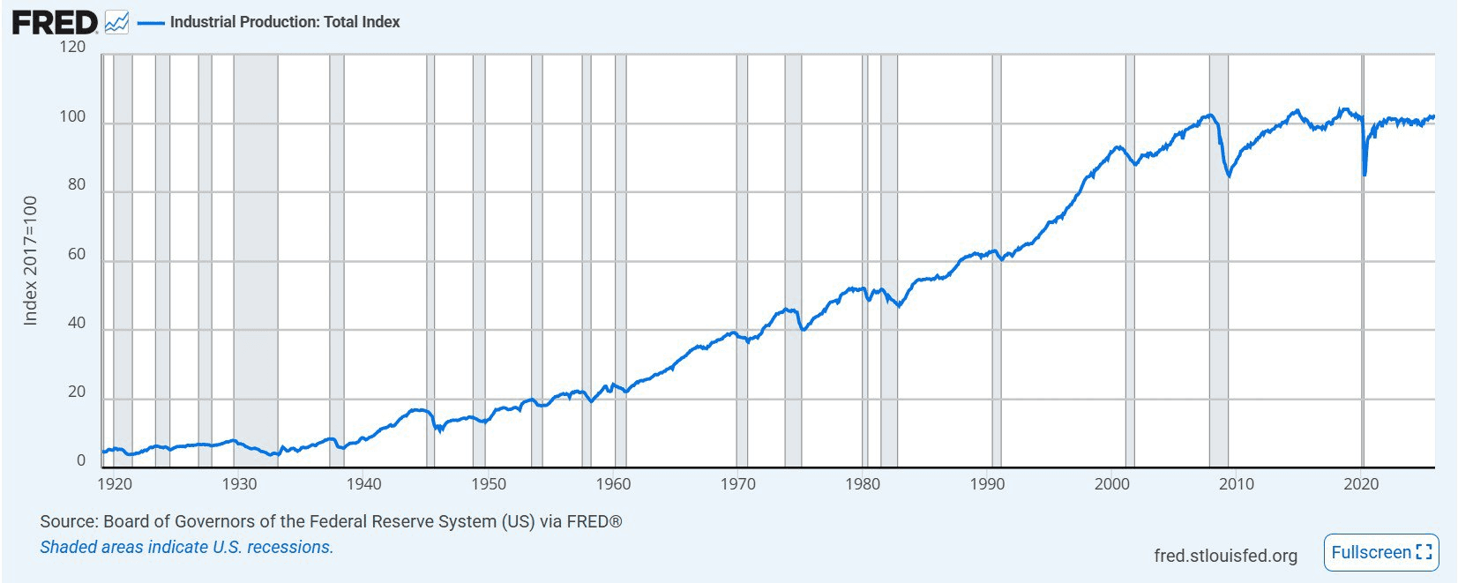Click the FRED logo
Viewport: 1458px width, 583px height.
point(55,22)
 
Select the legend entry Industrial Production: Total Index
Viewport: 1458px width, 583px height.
point(284,22)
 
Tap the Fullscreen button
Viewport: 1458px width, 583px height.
point(1381,553)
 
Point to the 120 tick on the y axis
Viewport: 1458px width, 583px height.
point(73,47)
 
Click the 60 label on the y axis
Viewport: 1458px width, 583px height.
point(77,254)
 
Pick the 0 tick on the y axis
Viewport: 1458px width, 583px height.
point(81,460)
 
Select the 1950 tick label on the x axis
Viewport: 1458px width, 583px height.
point(489,484)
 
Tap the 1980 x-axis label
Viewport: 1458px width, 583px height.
point(863,484)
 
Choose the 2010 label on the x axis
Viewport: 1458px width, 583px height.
point(1237,484)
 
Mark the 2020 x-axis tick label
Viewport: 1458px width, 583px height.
point(1361,484)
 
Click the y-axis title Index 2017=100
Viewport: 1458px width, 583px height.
point(31,260)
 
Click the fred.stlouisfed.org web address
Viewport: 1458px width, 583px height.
point(1225,556)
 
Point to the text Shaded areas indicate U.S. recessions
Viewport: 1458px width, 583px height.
point(187,547)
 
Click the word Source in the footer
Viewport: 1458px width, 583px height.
point(67,521)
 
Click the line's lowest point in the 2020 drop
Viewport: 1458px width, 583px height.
point(1365,175)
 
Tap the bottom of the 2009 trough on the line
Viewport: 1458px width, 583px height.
point(1229,176)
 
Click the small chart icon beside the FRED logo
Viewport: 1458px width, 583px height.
point(116,23)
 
